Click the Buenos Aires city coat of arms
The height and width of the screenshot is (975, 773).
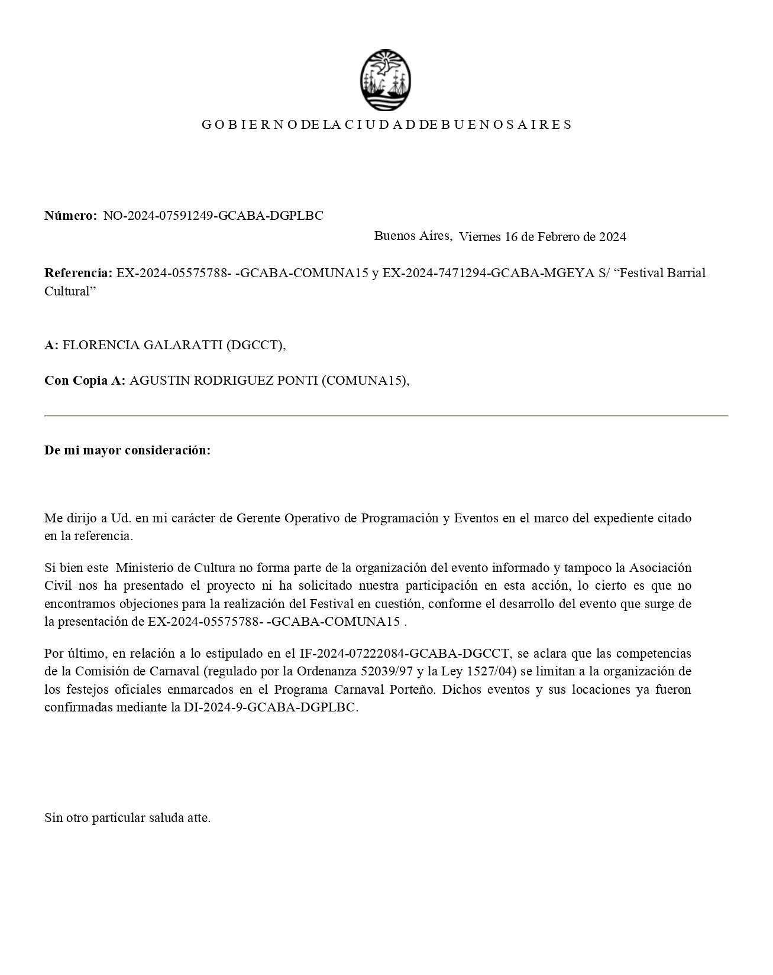[x=386, y=80]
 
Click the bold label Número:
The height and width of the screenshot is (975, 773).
[x=70, y=216]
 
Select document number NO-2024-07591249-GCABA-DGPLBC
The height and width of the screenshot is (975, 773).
[x=214, y=216]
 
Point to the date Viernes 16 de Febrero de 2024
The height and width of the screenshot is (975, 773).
[x=542, y=237]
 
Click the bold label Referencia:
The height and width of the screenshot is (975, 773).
[x=78, y=273]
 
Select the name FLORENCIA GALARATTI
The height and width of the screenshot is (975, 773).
[x=143, y=345]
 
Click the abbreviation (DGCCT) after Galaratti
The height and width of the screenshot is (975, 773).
[x=255, y=345]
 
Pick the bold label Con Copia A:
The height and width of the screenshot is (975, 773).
[x=85, y=381]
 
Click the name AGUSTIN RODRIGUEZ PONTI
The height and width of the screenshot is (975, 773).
[x=224, y=381]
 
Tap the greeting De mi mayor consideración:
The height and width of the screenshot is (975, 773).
[x=127, y=450]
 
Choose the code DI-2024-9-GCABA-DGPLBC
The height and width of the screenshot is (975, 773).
[x=270, y=707]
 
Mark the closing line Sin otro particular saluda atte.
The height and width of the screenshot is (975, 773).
[x=127, y=818]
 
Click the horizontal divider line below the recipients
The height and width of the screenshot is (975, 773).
[x=386, y=416]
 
